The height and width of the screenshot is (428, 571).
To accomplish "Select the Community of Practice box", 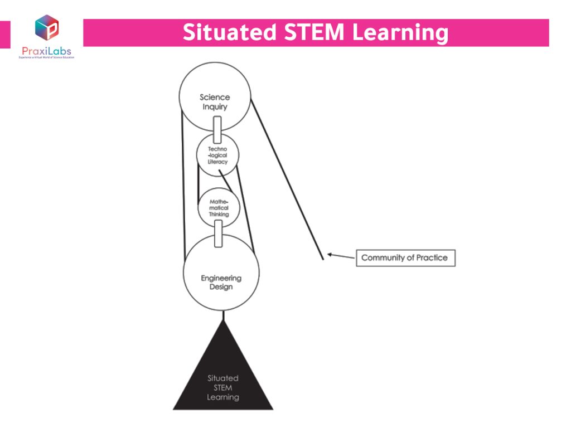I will coord(405,257).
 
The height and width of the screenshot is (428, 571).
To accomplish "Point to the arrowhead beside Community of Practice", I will coord(330,255).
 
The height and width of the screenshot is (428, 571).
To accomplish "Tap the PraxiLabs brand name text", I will coord(46,51).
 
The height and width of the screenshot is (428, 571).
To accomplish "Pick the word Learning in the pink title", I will coord(400,33).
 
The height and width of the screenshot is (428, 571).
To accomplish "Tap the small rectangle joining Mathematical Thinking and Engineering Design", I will coord(218,233).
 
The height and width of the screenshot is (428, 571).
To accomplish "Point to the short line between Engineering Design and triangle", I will coord(223,316).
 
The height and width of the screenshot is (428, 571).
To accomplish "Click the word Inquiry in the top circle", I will coord(215,106).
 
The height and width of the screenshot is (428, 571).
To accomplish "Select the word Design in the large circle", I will coord(221,287).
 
